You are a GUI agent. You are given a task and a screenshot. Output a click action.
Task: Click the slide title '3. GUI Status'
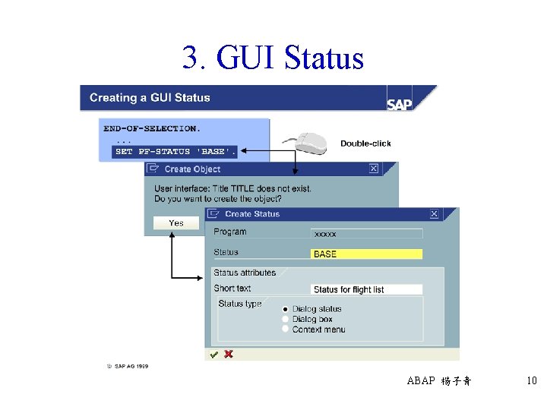pos(273,58)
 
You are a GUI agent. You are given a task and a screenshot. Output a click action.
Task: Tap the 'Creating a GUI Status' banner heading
pos(150,98)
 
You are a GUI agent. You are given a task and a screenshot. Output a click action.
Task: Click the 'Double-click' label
pos(365,143)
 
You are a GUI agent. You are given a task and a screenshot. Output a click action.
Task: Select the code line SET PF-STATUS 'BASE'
pos(175,152)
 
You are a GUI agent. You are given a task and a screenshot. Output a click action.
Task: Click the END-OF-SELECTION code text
pos(152,128)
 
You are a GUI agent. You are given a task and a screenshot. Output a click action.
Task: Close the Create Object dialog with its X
pos(373,169)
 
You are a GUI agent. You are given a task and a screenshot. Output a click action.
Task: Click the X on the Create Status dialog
pos(434,214)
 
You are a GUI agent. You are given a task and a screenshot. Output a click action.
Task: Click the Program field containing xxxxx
pos(366,234)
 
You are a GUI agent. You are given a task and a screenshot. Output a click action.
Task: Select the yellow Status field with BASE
pos(366,254)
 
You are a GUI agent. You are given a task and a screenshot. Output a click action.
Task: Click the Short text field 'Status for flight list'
pos(366,289)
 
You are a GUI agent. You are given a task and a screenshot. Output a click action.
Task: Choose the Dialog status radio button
pos(286,309)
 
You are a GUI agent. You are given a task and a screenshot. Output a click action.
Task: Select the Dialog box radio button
pos(286,319)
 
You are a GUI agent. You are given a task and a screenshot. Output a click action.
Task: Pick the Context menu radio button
pos(286,329)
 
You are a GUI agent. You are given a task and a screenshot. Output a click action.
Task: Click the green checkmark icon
pos(214,354)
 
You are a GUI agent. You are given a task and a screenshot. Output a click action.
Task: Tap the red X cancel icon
pos(228,354)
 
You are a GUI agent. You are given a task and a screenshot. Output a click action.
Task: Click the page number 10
pos(531,381)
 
